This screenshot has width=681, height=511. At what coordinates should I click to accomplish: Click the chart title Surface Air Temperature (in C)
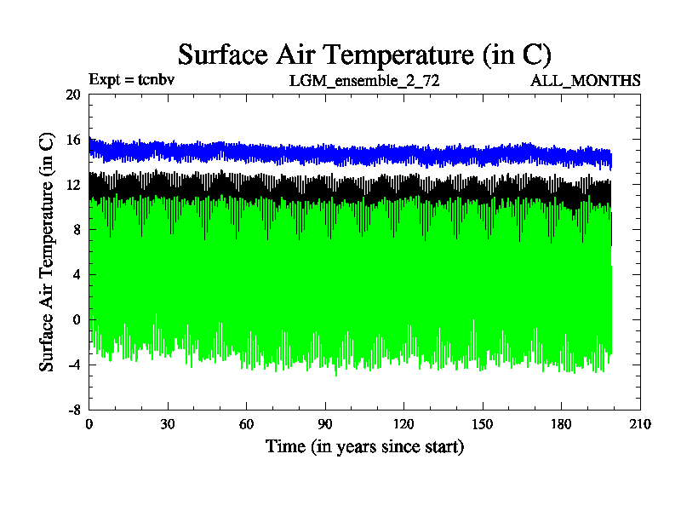[x=364, y=55]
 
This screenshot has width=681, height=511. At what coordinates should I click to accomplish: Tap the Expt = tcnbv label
[x=131, y=81]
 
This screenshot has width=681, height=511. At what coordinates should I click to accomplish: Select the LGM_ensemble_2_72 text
[x=364, y=81]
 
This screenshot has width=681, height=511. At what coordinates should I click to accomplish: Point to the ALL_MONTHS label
[x=586, y=81]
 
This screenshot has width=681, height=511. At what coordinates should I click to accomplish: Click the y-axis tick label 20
[x=72, y=95]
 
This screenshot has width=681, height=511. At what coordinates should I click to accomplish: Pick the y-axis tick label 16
[x=72, y=140]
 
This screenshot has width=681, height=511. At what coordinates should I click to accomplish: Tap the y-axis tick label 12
[x=72, y=185]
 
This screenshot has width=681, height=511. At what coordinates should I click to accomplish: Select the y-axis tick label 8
[x=76, y=230]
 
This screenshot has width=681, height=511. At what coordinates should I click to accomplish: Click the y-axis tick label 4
[x=76, y=275]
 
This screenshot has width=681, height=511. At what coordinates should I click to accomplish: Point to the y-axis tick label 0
[x=76, y=320]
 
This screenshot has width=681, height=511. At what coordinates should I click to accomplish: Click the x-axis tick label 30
[x=168, y=424]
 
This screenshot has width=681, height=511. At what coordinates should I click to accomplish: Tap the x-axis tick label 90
[x=325, y=424]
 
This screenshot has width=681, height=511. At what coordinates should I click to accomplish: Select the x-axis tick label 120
[x=403, y=424]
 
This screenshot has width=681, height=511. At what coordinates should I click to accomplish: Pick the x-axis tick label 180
[x=561, y=424]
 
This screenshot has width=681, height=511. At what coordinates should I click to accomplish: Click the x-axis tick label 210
[x=639, y=424]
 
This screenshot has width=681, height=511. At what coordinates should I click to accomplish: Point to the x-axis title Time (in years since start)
[x=364, y=446]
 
